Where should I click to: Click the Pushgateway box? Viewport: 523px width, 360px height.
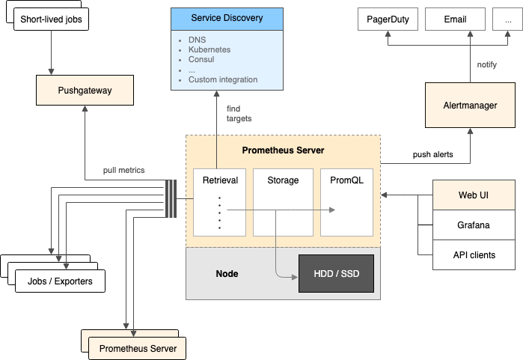pyautogui.click(x=85, y=91)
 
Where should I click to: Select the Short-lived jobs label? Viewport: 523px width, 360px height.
pyautogui.click(x=51, y=19)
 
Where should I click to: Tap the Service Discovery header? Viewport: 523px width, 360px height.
pyautogui.click(x=216, y=18)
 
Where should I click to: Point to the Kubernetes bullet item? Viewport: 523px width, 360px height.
pyautogui.click(x=209, y=49)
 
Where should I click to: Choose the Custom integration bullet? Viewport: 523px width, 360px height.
pyautogui.click(x=222, y=79)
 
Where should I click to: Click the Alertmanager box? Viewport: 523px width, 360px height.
pyautogui.click(x=470, y=106)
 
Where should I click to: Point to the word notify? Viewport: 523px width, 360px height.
pyautogui.click(x=487, y=65)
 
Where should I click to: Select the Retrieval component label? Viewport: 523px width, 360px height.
pyautogui.click(x=220, y=180)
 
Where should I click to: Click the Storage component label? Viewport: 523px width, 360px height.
pyautogui.click(x=283, y=180)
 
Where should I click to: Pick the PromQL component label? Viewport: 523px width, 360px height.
pyautogui.click(x=346, y=180)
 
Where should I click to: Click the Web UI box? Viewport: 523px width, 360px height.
pyautogui.click(x=474, y=195)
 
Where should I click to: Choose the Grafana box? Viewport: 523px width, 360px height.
pyautogui.click(x=474, y=225)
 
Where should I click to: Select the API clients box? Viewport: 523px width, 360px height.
pyautogui.click(x=474, y=254)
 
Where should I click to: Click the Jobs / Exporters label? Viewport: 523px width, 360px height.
pyautogui.click(x=60, y=281)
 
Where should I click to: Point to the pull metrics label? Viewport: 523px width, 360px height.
pyautogui.click(x=123, y=170)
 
